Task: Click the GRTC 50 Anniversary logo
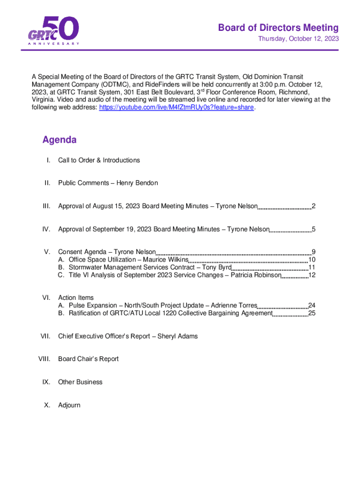(53, 31)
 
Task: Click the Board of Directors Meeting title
(278, 28)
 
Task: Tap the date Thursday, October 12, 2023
(299, 39)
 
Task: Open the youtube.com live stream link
(177, 108)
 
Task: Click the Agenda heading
(59, 140)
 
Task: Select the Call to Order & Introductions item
(99, 160)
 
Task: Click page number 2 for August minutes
(314, 206)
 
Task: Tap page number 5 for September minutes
(314, 229)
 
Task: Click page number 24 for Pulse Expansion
(312, 305)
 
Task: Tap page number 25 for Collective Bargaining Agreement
(312, 313)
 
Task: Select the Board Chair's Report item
(88, 359)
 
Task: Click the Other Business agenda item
(80, 382)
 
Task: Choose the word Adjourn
(69, 405)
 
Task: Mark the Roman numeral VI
(46, 298)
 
